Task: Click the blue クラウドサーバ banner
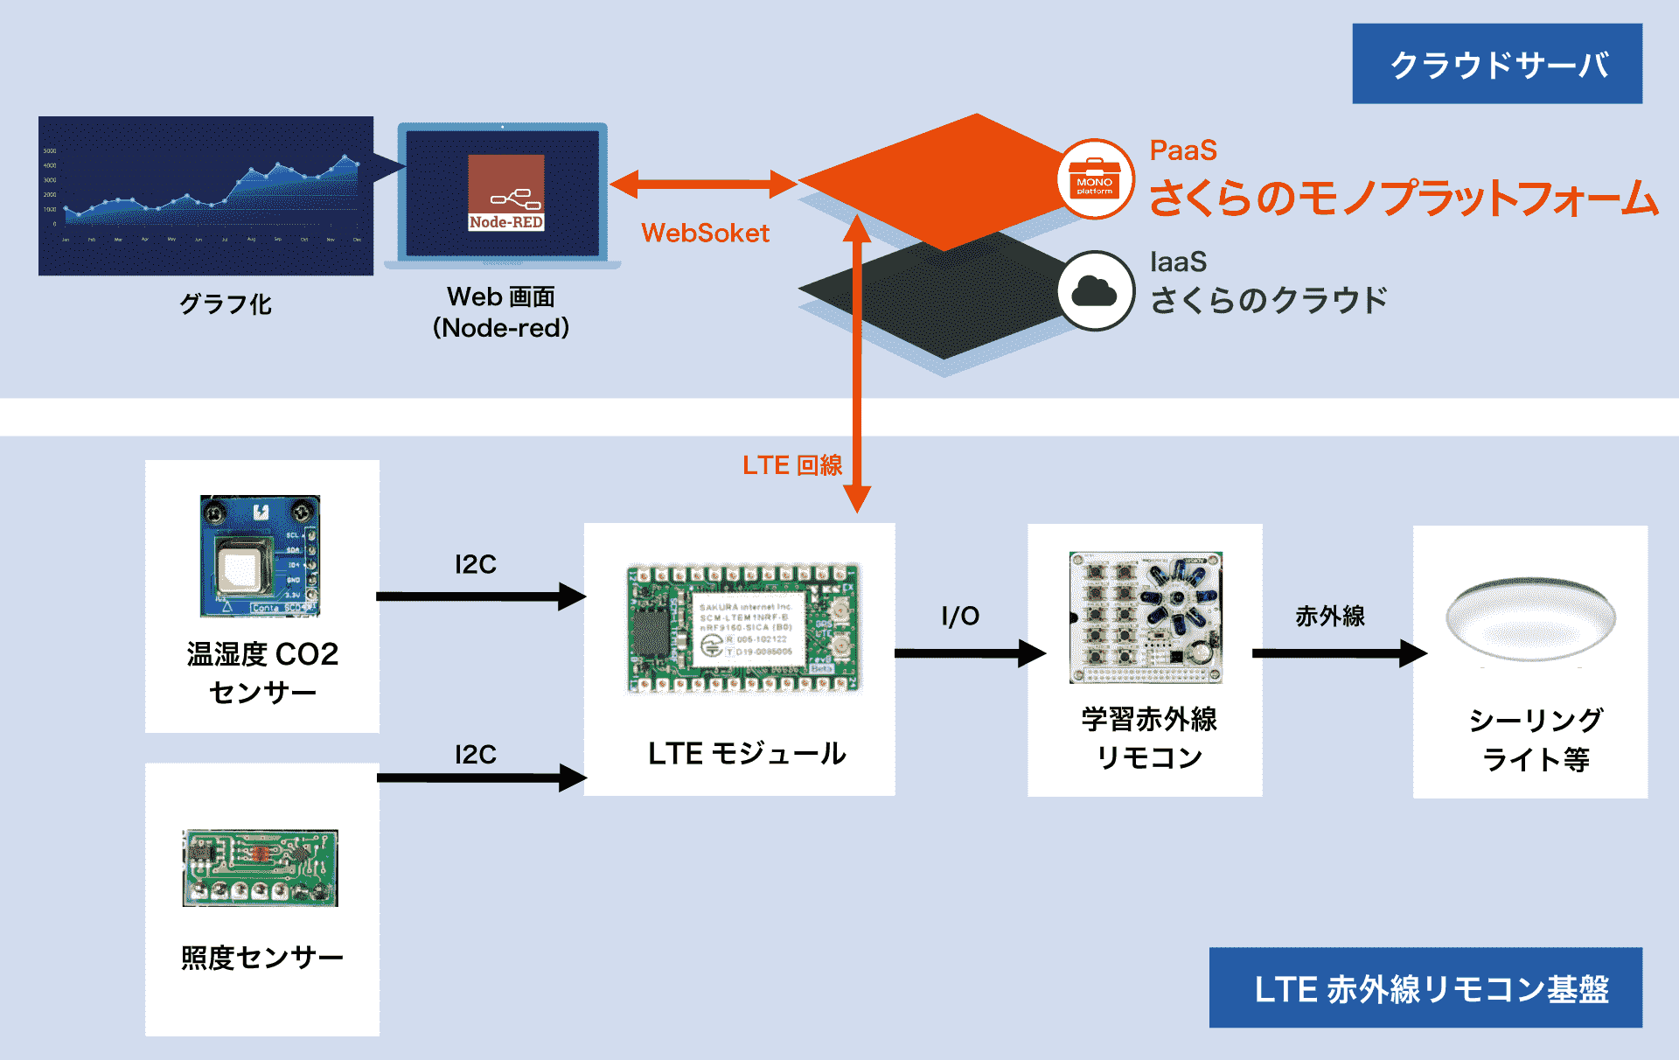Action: pos(1496,64)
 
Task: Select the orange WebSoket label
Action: pos(705,234)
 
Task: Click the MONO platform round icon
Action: pos(1095,179)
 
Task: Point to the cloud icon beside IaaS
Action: pos(1095,291)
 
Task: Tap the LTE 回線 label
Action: pos(792,465)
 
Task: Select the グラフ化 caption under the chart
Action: pos(226,304)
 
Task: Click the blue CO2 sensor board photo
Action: pos(260,556)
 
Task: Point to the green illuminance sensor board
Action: pos(260,868)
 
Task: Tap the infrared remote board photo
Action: pos(1146,617)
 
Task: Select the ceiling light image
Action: pos(1530,619)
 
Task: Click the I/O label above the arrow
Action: pos(960,617)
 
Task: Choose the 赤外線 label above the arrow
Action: pos(1329,617)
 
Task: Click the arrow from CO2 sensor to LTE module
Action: pos(481,596)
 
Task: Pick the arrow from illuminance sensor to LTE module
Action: pos(481,778)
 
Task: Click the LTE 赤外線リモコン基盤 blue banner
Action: pos(1425,987)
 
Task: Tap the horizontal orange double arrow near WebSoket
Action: pos(703,185)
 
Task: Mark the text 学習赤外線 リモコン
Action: pos(1148,738)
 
